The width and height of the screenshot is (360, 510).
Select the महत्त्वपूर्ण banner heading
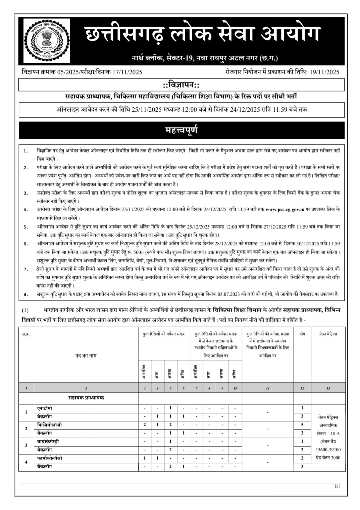(x=181, y=130)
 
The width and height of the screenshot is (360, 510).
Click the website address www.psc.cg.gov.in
(x=285, y=210)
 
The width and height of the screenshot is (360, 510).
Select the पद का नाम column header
(x=86, y=355)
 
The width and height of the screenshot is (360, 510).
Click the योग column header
(x=302, y=334)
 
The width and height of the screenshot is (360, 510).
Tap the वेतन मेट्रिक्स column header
(x=328, y=334)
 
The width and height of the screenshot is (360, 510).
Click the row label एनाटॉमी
(x=45, y=408)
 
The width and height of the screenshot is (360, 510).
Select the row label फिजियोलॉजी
(x=49, y=425)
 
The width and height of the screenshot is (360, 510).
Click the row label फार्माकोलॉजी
(x=50, y=458)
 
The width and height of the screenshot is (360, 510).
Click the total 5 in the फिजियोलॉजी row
(x=302, y=425)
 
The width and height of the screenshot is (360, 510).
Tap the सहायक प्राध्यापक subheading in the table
(x=86, y=398)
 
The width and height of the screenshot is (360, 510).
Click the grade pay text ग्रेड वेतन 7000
(x=328, y=457)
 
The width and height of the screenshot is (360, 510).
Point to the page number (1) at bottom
(x=337, y=486)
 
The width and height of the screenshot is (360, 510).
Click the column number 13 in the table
(x=328, y=388)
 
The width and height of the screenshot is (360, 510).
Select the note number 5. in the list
(x=26, y=227)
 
